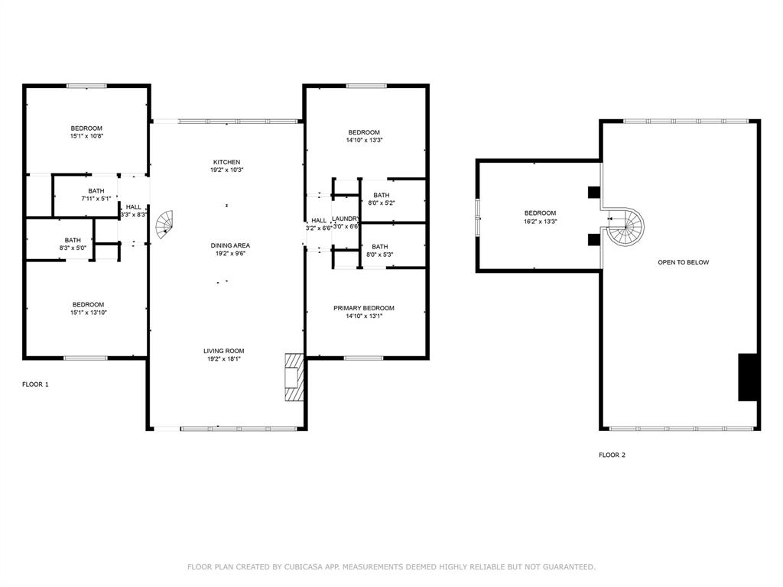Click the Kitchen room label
pos(226,162)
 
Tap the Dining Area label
pos(230,245)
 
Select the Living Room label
pos(226,351)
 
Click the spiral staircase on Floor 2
pos(626,227)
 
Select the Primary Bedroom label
pos(363,308)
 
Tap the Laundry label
pos(346,219)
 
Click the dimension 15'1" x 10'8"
pos(86,136)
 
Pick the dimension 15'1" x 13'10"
pos(88,313)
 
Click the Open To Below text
pos(683,262)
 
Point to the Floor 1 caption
pos(35,384)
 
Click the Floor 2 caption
pos(612,455)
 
